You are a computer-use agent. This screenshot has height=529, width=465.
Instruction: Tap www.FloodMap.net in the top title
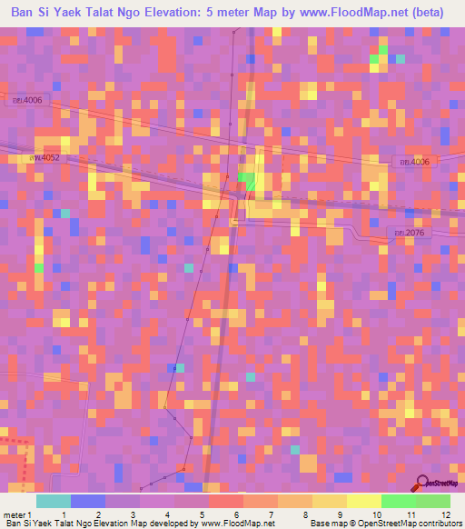click(x=358, y=14)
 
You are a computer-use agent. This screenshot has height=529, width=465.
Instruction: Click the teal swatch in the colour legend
click(x=53, y=501)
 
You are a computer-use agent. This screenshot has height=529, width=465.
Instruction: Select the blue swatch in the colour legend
click(x=87, y=501)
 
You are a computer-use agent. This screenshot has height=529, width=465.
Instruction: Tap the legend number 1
click(x=62, y=514)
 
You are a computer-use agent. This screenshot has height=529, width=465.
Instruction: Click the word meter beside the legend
click(x=15, y=514)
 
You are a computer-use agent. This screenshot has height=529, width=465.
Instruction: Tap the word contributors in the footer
click(x=438, y=524)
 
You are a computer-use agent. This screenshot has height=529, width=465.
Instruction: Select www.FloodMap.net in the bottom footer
click(x=237, y=524)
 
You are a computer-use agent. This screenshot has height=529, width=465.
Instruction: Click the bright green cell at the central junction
click(x=246, y=179)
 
